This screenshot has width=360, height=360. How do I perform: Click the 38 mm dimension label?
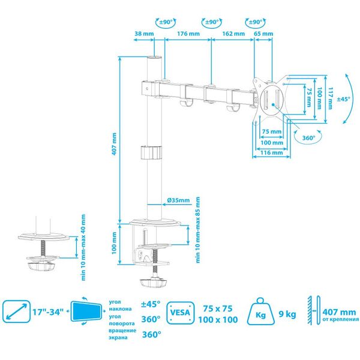tap(144, 34)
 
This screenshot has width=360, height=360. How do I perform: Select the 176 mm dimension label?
tap(188, 34)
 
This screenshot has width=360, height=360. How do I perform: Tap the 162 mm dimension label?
tap(233, 34)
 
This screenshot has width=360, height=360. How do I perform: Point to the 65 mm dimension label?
tap(263, 34)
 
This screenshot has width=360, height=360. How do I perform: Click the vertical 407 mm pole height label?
tap(114, 144)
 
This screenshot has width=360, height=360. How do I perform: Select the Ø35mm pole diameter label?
tap(178, 200)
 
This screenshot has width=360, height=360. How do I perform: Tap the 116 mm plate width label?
tap(271, 152)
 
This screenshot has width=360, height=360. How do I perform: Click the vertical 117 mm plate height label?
tap(330, 98)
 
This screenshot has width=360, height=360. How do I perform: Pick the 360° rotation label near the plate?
tap(308, 138)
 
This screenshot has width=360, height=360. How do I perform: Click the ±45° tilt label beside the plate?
tap(344, 99)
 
